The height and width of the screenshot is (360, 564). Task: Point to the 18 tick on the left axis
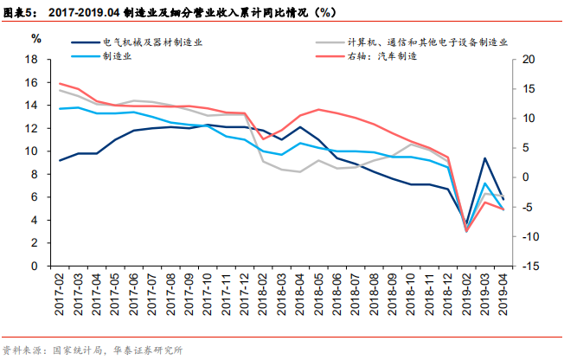(x=35, y=60)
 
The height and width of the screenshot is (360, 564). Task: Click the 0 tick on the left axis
(x=38, y=266)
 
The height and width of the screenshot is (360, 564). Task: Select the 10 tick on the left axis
(x=35, y=151)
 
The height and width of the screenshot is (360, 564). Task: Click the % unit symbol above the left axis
(x=36, y=38)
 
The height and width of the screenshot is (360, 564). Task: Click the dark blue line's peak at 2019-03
(x=485, y=158)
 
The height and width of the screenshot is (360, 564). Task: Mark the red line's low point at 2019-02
(x=466, y=231)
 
